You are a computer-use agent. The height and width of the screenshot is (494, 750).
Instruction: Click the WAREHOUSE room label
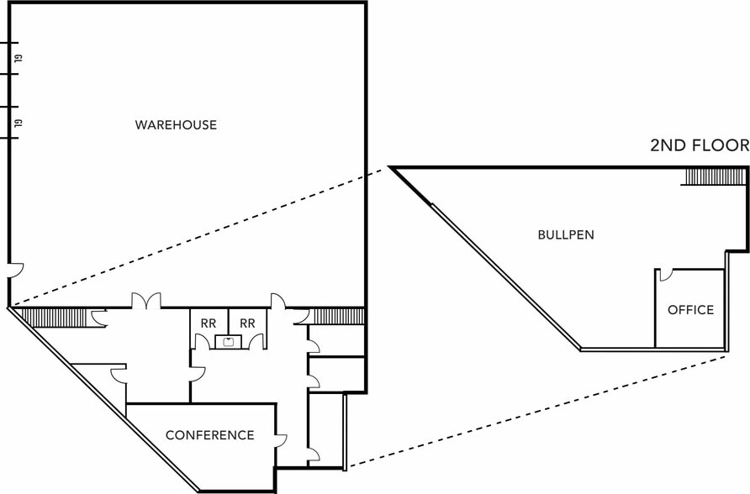176,125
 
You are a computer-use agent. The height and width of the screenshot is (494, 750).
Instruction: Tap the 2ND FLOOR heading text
700,145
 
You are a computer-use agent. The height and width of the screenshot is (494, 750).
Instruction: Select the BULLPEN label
566,235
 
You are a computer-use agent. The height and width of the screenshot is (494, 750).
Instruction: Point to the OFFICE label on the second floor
690,310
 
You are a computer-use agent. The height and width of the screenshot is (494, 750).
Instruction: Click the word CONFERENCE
209,435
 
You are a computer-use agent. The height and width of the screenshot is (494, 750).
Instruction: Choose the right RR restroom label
247,323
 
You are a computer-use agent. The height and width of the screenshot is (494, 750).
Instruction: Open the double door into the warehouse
145,301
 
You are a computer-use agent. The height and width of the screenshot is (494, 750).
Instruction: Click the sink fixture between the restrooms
226,341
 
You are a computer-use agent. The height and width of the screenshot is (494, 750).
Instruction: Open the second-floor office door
664,275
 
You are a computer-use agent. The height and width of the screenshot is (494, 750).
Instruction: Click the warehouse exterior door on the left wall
16,272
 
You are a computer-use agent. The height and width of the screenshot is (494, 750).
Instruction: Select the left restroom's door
202,341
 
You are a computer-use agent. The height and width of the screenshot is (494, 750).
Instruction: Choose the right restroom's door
256,341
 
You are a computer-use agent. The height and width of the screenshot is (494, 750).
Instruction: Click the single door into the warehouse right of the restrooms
278,301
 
